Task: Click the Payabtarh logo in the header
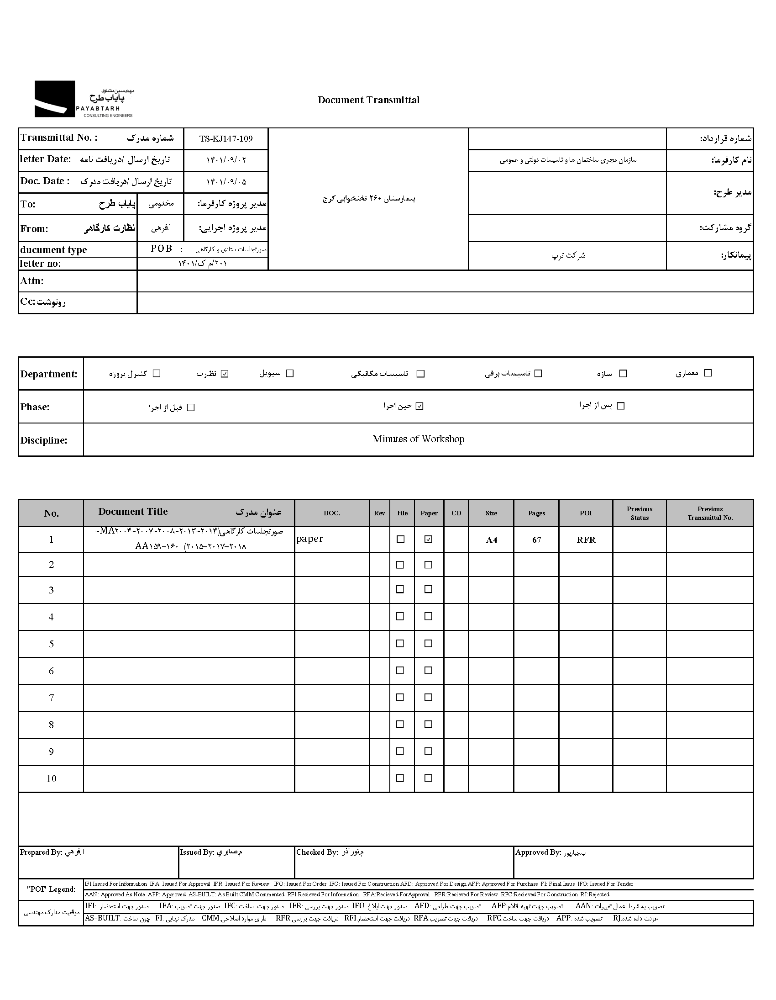pyautogui.click(x=84, y=99)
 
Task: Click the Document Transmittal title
pyautogui.click(x=368, y=100)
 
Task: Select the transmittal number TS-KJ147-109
pyautogui.click(x=225, y=139)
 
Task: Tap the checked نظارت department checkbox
pyautogui.click(x=224, y=374)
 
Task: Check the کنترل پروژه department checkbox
pyautogui.click(x=157, y=373)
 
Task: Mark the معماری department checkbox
pyautogui.click(x=708, y=373)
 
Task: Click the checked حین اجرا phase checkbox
pyautogui.click(x=419, y=406)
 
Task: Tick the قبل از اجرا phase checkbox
pyautogui.click(x=191, y=407)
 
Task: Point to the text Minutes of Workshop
pyautogui.click(x=418, y=439)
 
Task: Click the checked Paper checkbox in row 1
pyautogui.click(x=428, y=540)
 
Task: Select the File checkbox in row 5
pyautogui.click(x=400, y=643)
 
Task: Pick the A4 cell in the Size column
pyautogui.click(x=492, y=540)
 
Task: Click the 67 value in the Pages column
pyautogui.click(x=536, y=540)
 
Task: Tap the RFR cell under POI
pyautogui.click(x=586, y=540)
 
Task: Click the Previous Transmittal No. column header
pyautogui.click(x=710, y=513)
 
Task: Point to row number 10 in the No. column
pyautogui.click(x=51, y=778)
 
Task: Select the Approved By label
pyautogui.click(x=538, y=852)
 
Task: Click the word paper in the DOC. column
pyautogui.click(x=310, y=539)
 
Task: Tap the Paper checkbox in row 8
pyautogui.click(x=428, y=724)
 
